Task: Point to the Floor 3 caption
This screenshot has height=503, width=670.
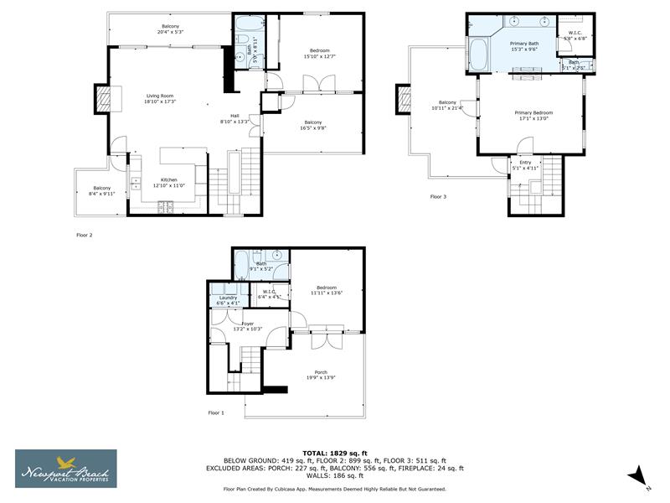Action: pos(439,197)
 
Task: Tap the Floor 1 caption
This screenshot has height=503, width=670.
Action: pos(216,412)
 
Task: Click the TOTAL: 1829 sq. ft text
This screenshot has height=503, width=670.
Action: pos(335,453)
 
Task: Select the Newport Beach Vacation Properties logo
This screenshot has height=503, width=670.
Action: pos(66,469)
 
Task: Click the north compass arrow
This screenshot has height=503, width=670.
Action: pos(638,474)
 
